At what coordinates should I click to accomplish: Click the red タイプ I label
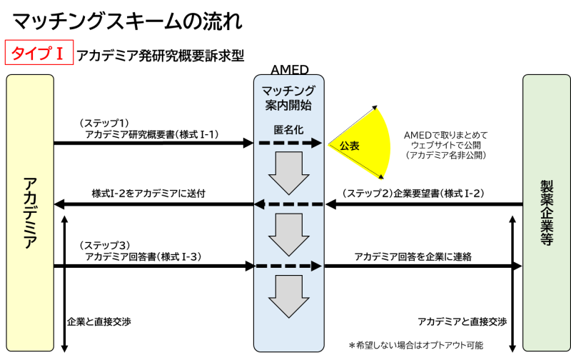click(39, 53)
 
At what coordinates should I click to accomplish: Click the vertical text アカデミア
click(30, 212)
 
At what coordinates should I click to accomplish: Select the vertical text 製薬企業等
click(547, 212)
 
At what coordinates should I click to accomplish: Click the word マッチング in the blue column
click(288, 91)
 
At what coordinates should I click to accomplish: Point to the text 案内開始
click(288, 105)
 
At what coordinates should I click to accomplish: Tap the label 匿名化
click(288, 131)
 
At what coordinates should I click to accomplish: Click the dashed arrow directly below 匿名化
click(290, 143)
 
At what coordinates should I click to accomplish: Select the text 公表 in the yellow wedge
click(349, 146)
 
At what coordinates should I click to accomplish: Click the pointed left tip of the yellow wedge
click(328, 145)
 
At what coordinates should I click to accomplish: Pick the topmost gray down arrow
click(288, 172)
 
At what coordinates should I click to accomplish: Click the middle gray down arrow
click(288, 234)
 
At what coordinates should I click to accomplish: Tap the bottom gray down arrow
click(288, 296)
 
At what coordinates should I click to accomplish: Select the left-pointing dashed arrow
click(288, 204)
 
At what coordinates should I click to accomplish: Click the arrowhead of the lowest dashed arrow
click(316, 266)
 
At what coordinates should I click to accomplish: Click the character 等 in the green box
click(547, 239)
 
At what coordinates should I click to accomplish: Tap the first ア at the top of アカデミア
click(30, 184)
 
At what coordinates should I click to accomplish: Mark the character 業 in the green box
click(547, 226)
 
